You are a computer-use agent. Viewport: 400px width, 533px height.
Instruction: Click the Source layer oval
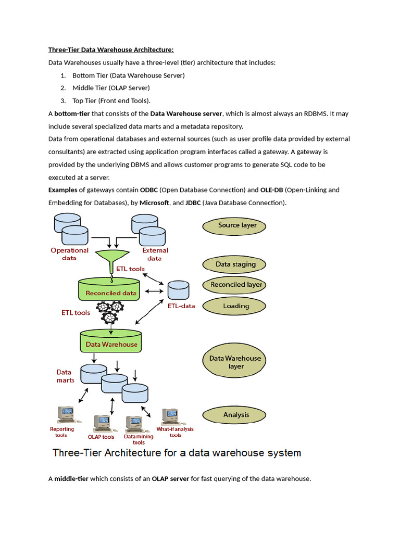(234, 225)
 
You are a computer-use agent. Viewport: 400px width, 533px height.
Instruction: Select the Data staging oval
(235, 264)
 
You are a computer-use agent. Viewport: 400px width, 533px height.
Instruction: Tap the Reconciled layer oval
(236, 285)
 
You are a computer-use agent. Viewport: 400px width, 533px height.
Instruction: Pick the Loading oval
(235, 306)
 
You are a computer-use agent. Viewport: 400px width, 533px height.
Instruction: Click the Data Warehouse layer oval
(235, 362)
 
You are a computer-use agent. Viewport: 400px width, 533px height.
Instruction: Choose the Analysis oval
(235, 415)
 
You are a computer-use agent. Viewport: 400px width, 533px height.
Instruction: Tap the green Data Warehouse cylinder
(111, 341)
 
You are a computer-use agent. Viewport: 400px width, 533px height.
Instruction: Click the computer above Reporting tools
(65, 414)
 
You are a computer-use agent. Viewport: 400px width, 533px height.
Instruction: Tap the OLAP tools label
(101, 437)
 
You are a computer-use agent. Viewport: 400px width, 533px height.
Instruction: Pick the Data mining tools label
(139, 440)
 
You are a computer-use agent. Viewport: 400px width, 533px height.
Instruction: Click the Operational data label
(69, 254)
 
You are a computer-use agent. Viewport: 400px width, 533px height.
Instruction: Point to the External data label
(155, 254)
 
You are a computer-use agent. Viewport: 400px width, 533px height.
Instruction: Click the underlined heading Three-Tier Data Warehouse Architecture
(110, 50)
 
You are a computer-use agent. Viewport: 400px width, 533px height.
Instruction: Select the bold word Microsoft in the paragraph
(154, 202)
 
